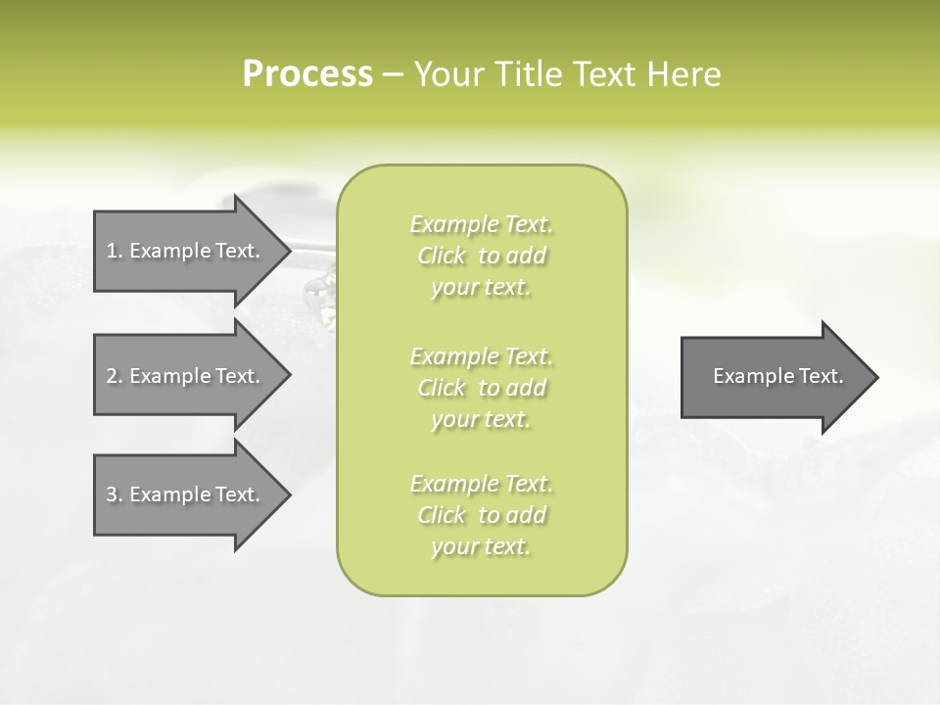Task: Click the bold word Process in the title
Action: point(307,74)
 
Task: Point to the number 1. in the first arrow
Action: point(115,251)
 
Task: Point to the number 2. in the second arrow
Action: point(115,376)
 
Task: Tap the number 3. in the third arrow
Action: point(115,494)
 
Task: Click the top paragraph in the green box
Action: point(482,256)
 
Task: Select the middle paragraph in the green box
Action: point(482,388)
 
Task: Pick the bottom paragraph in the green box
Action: point(482,515)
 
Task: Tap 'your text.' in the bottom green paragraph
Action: point(481,546)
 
